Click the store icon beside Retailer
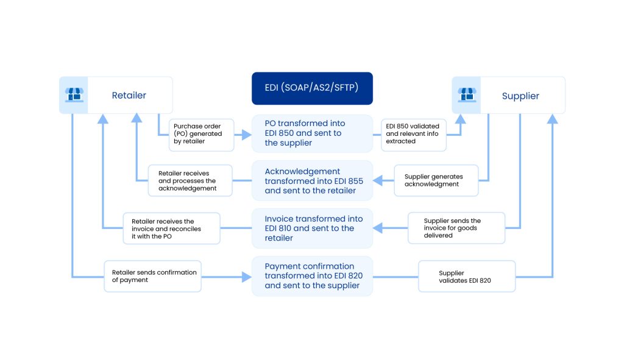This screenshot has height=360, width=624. click(74, 95)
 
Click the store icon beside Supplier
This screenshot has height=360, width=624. click(467, 95)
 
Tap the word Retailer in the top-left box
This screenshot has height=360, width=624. click(129, 95)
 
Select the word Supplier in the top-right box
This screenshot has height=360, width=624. click(520, 96)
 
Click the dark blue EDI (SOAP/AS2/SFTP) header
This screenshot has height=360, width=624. click(312, 88)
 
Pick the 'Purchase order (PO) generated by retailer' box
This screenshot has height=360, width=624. click(200, 134)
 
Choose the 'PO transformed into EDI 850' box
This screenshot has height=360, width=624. click(312, 133)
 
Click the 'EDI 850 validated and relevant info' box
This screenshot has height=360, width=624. click(413, 134)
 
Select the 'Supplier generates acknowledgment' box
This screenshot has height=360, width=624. click(436, 180)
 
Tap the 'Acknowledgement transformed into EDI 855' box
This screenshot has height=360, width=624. click(312, 180)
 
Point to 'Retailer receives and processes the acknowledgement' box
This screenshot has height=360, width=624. click(190, 180)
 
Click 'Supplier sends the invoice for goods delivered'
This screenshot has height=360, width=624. click(456, 228)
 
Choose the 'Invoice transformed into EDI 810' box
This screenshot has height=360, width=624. click(312, 228)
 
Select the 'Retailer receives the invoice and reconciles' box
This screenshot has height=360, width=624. click(171, 228)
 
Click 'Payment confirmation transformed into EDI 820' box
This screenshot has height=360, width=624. click(312, 276)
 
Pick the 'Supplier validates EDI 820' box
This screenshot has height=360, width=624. click(467, 276)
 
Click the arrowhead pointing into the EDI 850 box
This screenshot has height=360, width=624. click(247, 134)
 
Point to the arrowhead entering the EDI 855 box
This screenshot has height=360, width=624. click(378, 180)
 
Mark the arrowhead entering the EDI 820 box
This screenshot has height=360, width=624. click(247, 277)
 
